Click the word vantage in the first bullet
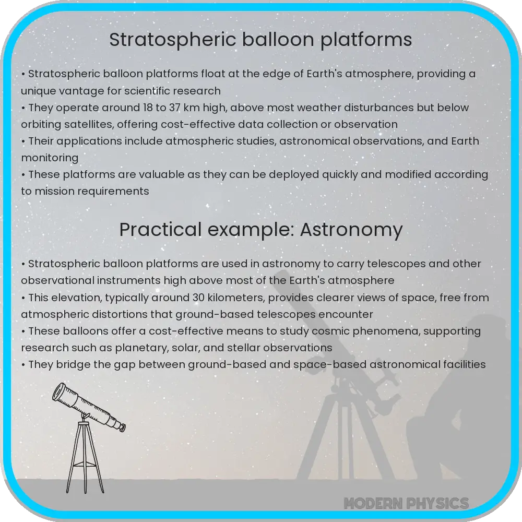(77, 91)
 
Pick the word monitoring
(50, 158)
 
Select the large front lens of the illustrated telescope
(61, 393)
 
